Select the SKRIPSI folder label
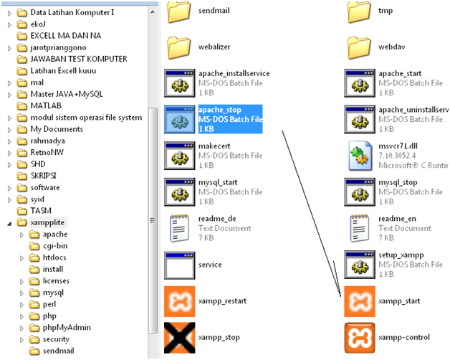point(44,175)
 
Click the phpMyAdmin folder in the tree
point(67,327)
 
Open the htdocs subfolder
point(54,257)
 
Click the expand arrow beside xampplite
point(9,223)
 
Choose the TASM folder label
point(41,211)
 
